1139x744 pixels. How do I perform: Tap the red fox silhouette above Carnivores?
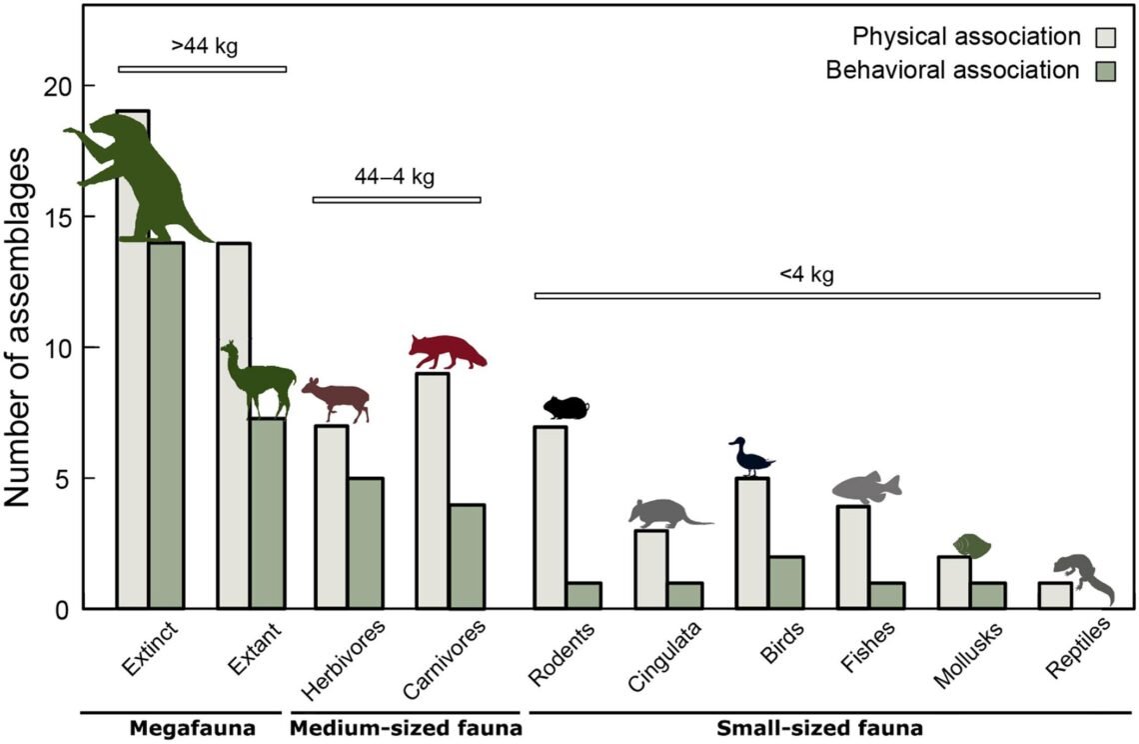click(x=446, y=351)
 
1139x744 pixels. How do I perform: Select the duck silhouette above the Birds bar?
click(x=750, y=459)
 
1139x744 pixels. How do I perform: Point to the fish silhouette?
click(x=865, y=487)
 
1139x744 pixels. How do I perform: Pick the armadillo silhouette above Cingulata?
click(x=665, y=513)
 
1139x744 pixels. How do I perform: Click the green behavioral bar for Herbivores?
click(x=366, y=543)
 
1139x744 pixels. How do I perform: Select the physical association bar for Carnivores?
click(x=432, y=490)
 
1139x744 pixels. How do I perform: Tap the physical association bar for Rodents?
click(x=551, y=517)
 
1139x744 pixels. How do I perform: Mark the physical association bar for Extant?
click(x=234, y=425)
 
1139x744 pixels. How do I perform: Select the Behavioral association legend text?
click(x=953, y=71)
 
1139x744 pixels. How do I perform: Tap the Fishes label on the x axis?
click(x=869, y=651)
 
